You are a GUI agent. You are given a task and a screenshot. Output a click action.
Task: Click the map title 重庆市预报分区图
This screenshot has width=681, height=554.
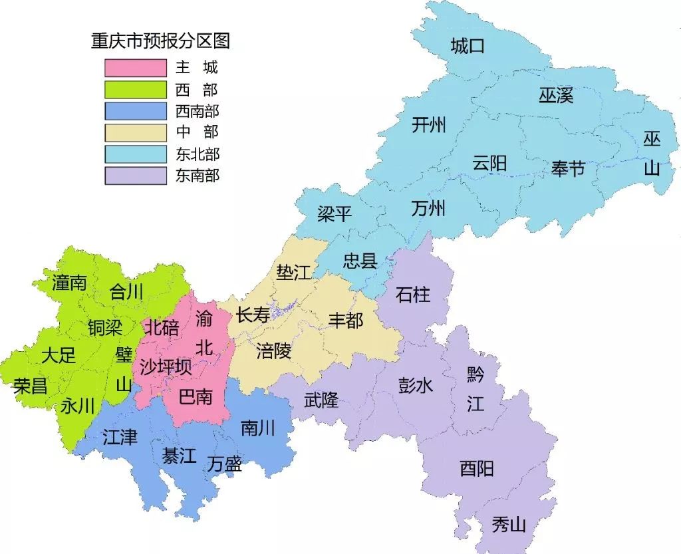[160, 41]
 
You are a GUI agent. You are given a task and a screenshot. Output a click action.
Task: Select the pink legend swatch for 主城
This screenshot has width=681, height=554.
[135, 68]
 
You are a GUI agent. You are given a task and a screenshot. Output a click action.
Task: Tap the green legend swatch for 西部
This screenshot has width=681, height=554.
[135, 89]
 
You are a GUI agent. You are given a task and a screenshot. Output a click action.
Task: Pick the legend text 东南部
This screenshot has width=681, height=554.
[198, 176]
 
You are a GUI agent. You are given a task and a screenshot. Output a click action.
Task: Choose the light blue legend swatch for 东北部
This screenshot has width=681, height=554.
[135, 154]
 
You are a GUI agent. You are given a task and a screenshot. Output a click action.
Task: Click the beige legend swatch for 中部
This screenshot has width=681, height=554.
[135, 132]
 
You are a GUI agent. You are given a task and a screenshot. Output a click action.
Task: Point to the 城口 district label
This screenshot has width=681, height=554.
[468, 47]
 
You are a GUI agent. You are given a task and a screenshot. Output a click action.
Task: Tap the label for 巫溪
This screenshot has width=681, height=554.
[556, 96]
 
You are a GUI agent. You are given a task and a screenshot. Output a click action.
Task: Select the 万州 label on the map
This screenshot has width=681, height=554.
[428, 209]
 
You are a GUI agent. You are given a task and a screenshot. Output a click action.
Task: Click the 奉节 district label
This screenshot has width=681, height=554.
[568, 168]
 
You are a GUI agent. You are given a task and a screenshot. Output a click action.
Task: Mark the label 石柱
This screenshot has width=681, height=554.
[413, 294]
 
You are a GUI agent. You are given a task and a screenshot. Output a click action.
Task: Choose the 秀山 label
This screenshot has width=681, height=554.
[509, 525]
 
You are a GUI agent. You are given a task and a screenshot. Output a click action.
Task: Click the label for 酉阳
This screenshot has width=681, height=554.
[477, 468]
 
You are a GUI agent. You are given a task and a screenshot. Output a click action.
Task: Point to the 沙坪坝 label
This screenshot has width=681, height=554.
[166, 366]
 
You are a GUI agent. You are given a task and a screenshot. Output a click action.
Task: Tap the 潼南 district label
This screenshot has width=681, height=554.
[69, 283]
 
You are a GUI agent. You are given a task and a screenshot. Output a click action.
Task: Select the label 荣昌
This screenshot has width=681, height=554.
[31, 386]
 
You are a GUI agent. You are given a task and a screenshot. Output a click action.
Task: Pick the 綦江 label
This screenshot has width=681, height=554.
[180, 456]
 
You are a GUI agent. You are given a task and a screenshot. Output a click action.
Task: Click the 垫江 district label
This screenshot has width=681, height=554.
[293, 272]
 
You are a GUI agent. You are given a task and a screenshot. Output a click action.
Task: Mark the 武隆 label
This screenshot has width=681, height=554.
[321, 400]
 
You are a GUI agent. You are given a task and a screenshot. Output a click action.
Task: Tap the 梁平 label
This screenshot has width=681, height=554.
[334, 214]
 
